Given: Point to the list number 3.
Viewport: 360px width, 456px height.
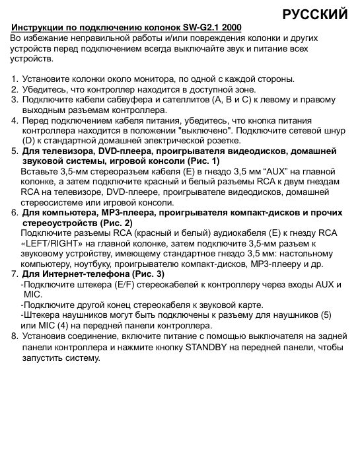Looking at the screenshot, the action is point(15,100).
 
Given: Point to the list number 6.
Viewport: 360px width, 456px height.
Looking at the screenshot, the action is point(15,213).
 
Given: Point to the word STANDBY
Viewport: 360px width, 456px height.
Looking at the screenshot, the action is point(207,346).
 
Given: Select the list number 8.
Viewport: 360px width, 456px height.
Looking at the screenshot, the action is point(15,336).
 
